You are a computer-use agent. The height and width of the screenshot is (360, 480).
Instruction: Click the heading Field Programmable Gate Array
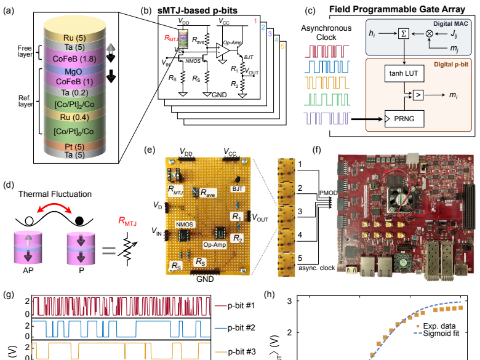[x=400, y=10]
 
